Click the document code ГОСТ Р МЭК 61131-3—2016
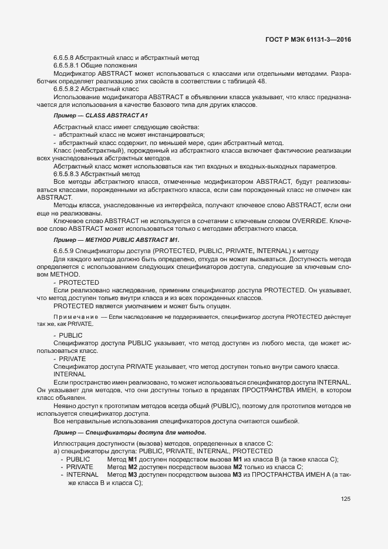pos(312,40)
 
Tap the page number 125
pos(345,499)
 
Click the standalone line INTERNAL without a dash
pos(68,373)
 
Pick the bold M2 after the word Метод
pos(133,467)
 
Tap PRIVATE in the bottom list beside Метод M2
pos(80,467)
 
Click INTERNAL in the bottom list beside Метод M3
pos(82,475)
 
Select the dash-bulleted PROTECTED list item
pos(79,282)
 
